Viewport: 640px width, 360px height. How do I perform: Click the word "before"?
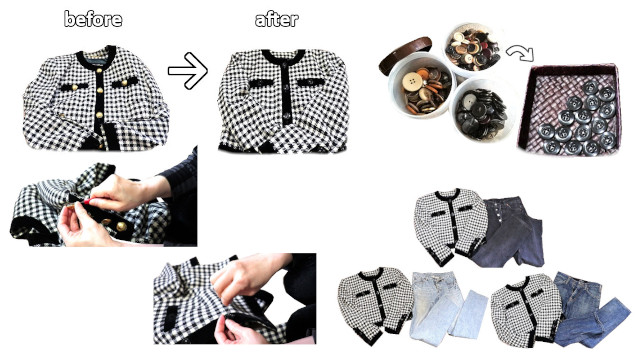coord(93,19)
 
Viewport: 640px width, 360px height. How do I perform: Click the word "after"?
coord(277,19)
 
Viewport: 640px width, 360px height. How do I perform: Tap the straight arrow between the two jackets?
coord(188,71)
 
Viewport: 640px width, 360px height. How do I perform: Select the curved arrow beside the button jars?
coord(520,52)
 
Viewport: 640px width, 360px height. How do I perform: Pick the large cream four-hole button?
coord(412,82)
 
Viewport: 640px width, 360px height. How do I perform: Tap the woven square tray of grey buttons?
coord(570,109)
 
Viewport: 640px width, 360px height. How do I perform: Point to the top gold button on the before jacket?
coord(100,76)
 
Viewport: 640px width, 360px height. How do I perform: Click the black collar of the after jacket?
coord(283,56)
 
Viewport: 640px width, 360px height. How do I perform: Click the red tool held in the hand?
coord(87,202)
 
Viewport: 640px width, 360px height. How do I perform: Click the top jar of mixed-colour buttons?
coord(473,50)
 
